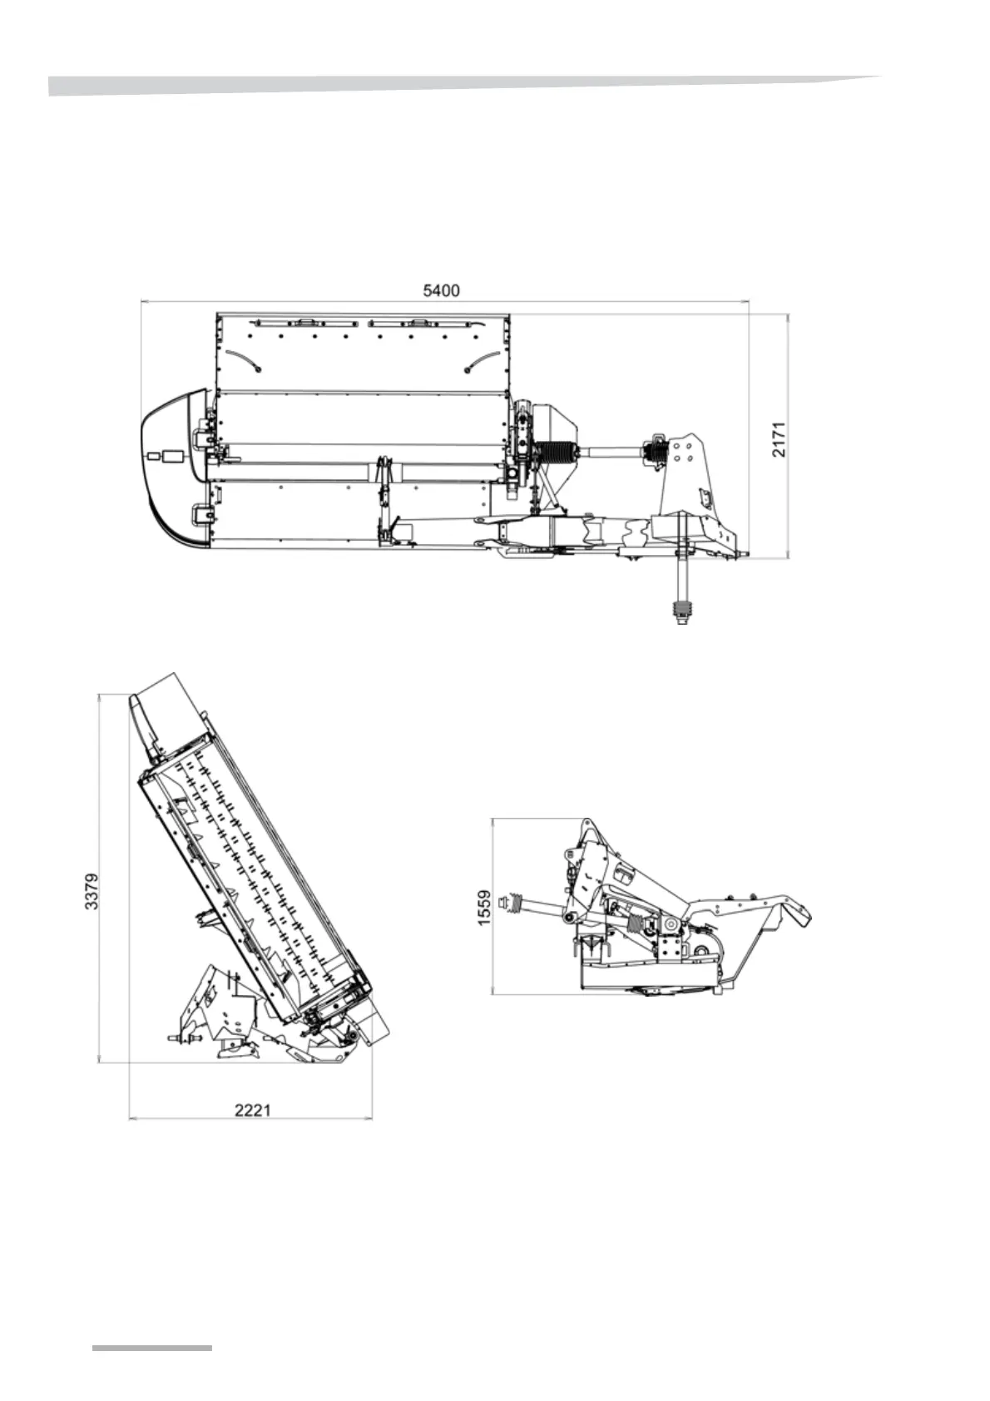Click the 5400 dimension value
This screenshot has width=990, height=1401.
[441, 290]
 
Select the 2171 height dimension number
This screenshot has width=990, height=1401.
[778, 438]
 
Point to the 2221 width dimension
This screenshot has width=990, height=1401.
[252, 1109]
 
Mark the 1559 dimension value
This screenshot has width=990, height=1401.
[485, 908]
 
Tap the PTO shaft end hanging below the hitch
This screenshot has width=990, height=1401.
[681, 612]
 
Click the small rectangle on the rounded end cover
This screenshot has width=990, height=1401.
[173, 456]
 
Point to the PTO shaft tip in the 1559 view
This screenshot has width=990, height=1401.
[503, 902]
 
